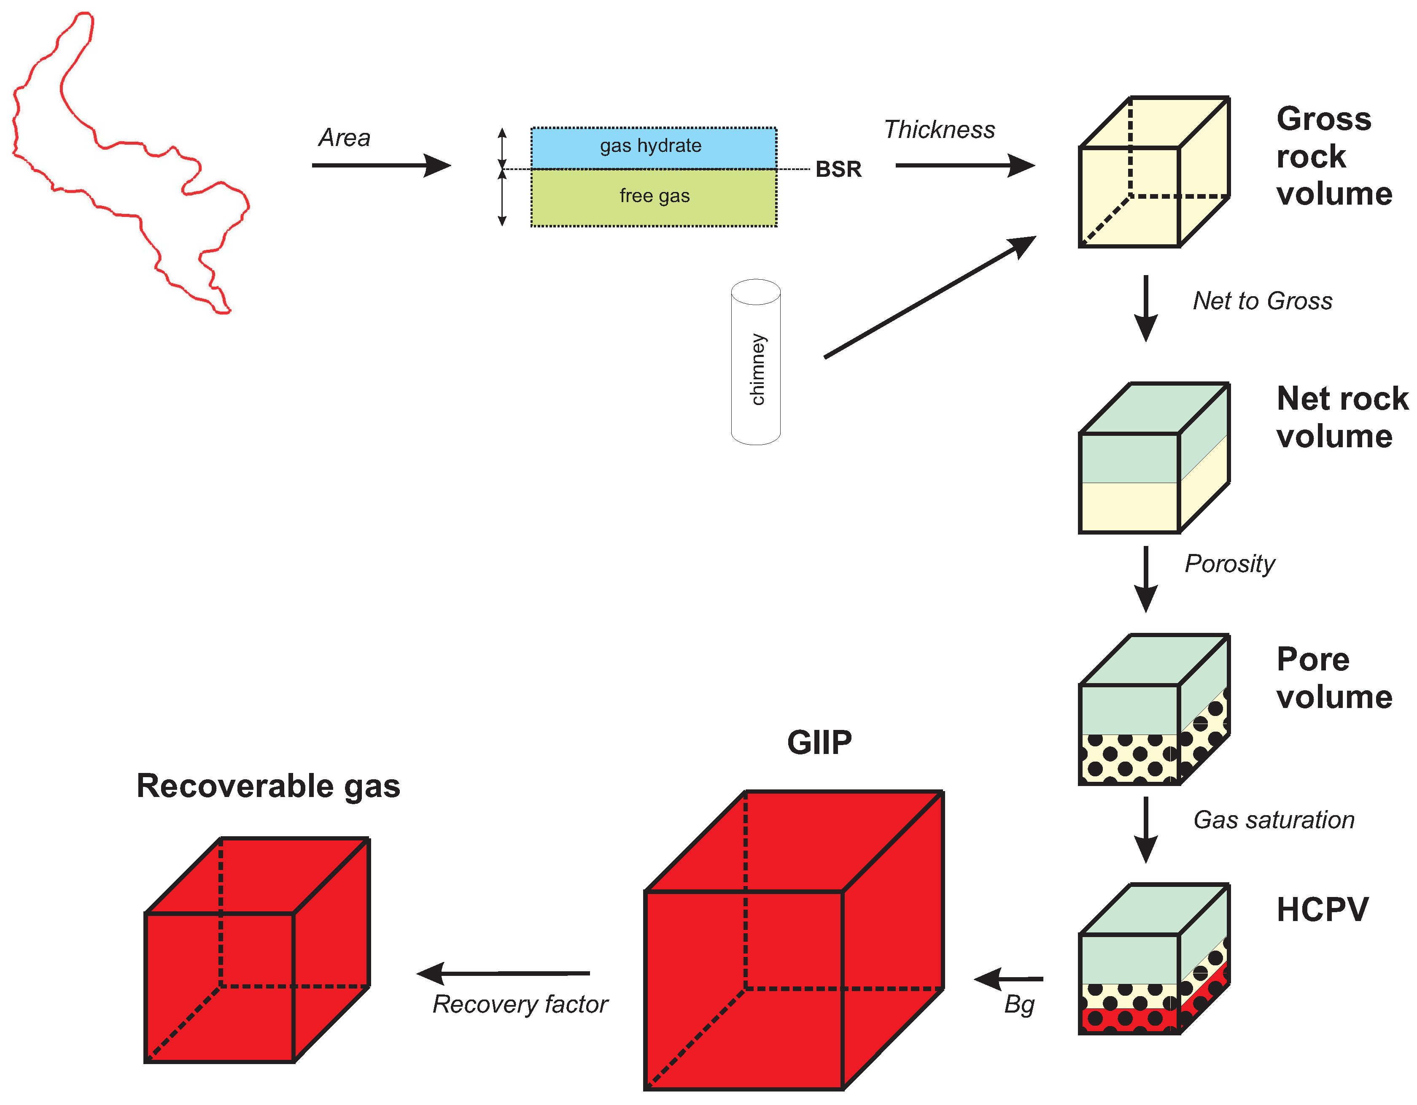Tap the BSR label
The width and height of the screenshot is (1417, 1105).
click(838, 170)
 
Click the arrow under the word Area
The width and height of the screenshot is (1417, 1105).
click(381, 165)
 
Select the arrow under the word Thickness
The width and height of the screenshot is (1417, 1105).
click(964, 165)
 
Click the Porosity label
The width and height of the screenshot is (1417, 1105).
click(1229, 564)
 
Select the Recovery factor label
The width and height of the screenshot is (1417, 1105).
click(520, 1004)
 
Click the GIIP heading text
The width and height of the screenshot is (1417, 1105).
click(819, 742)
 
